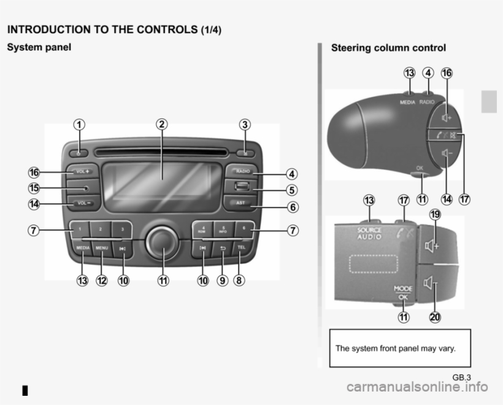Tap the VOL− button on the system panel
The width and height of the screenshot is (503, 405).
click(81, 202)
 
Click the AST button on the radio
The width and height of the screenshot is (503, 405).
click(241, 202)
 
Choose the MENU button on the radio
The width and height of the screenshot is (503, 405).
click(102, 247)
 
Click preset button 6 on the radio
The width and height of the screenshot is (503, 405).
click(244, 228)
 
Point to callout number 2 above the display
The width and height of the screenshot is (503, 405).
click(161, 123)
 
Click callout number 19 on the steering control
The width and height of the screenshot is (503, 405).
click(435, 214)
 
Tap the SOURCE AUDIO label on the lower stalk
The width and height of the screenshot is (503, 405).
click(369, 233)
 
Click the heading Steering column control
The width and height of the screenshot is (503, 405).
click(388, 48)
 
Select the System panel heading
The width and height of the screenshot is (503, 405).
click(39, 47)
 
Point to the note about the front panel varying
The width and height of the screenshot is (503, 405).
click(396, 349)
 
